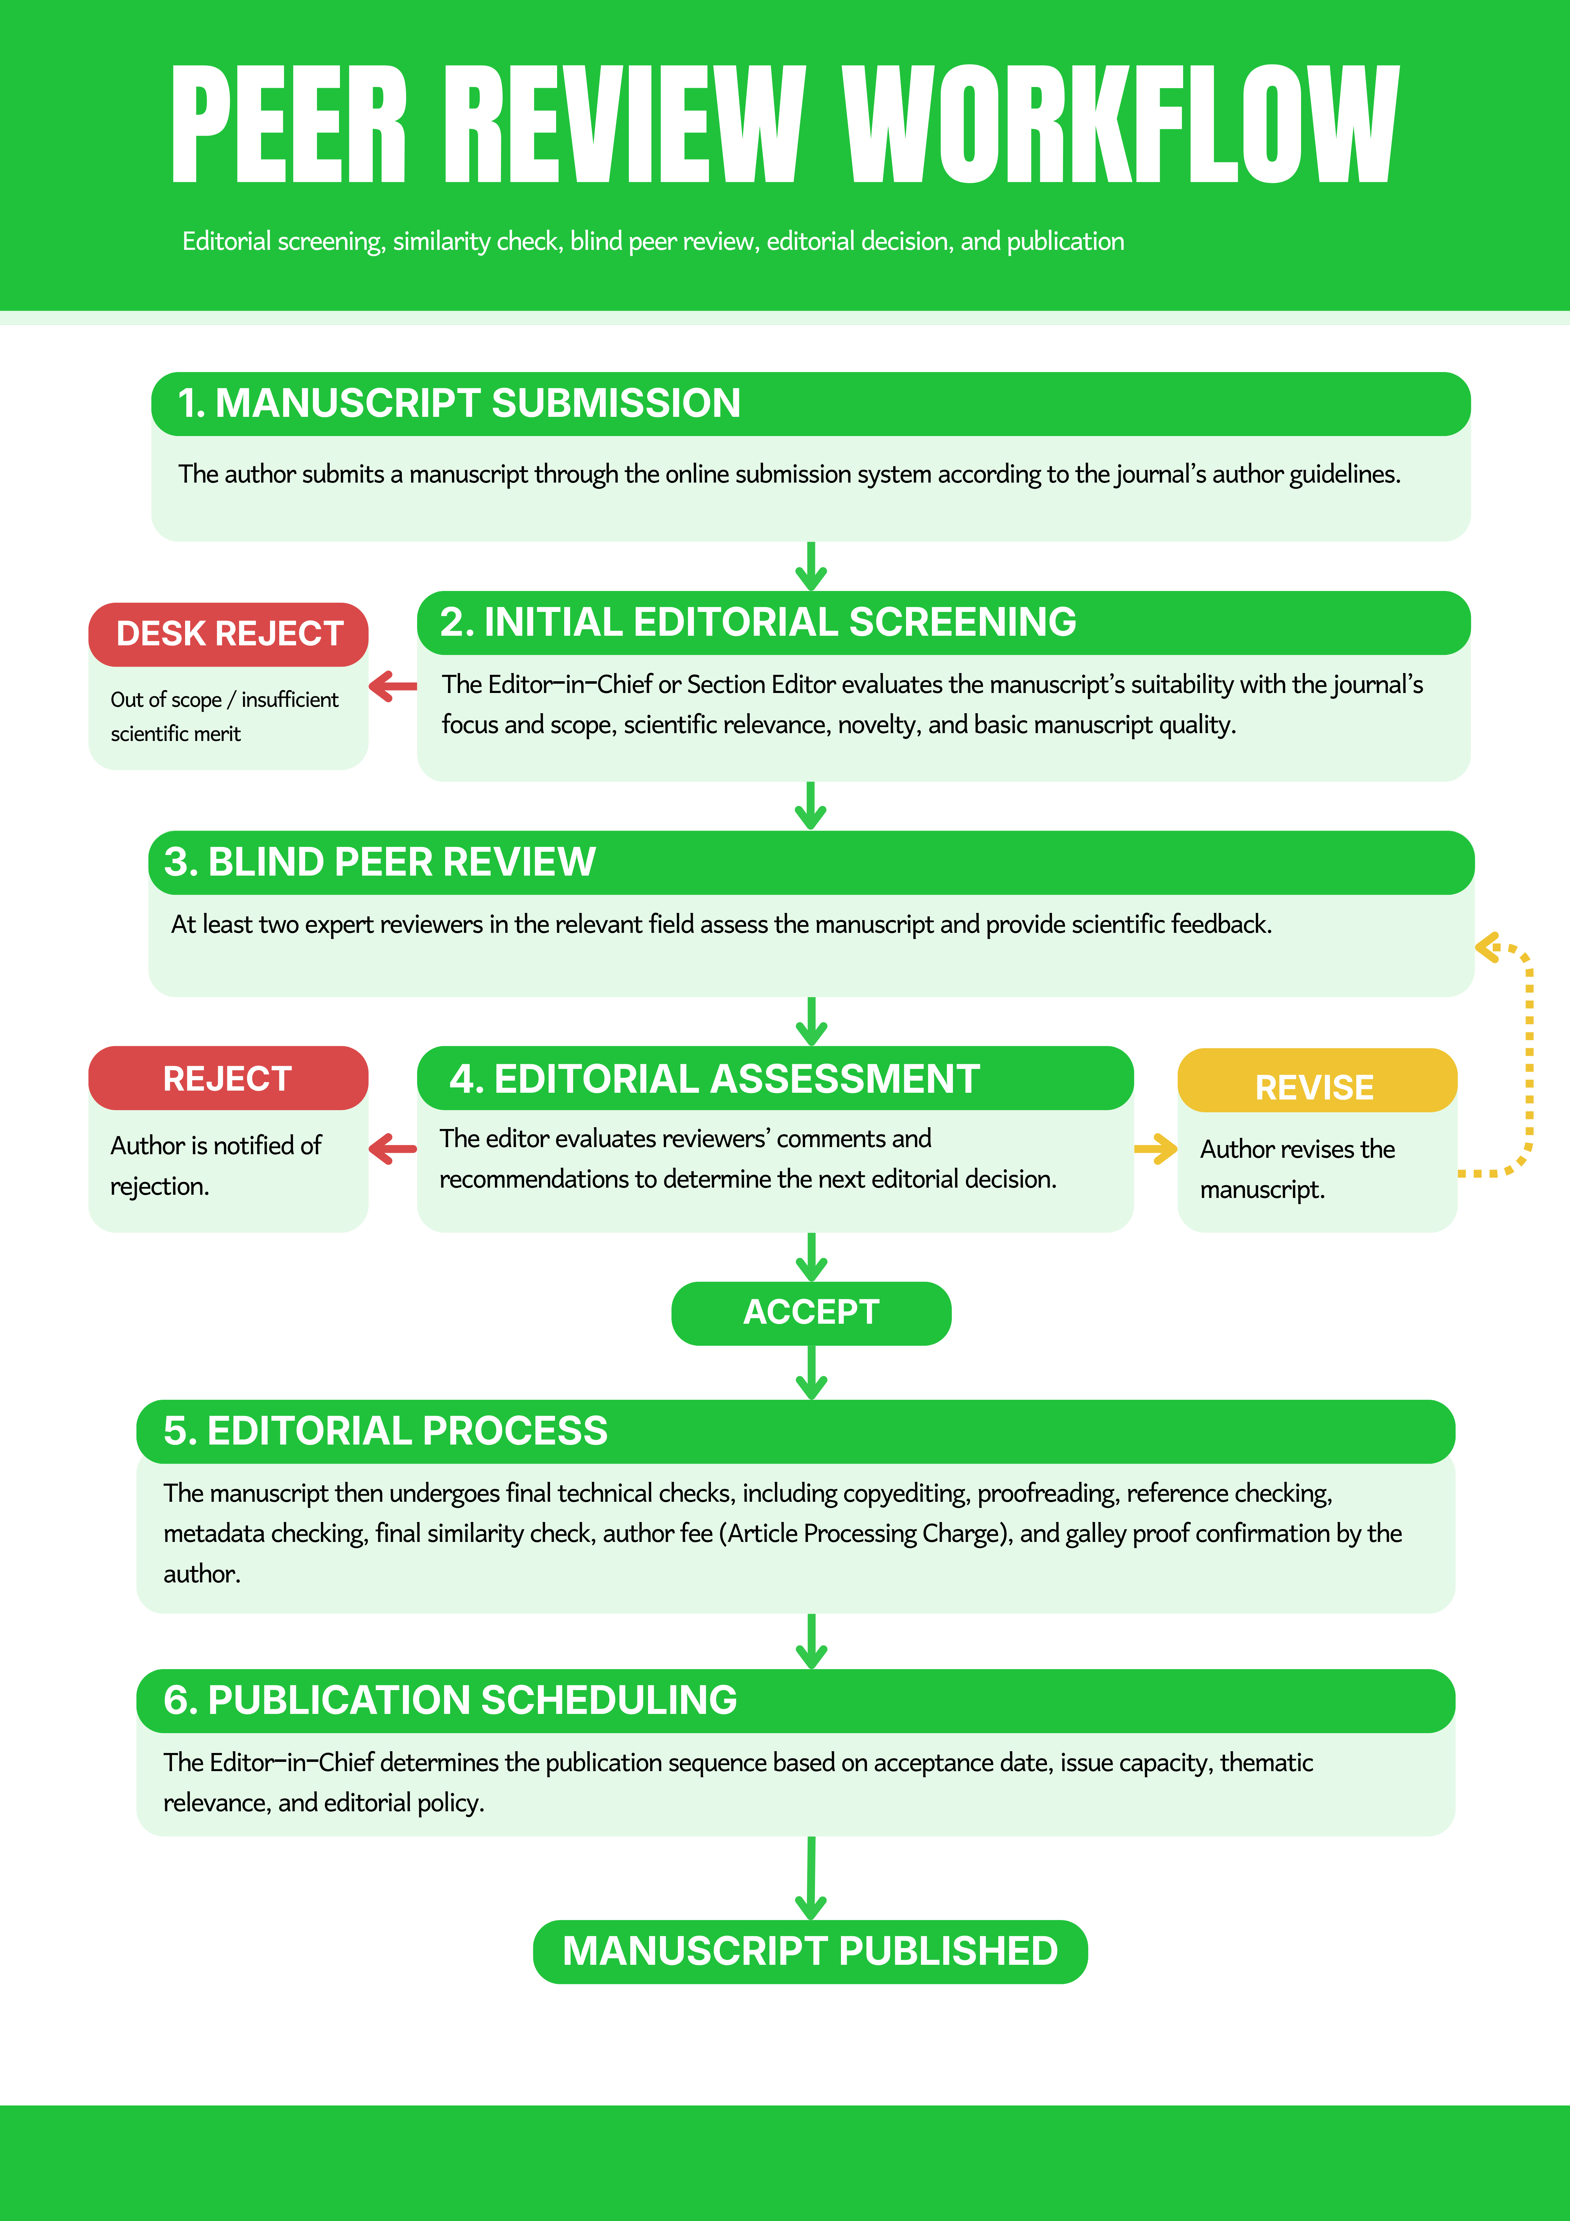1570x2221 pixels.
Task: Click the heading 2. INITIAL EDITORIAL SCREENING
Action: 757,622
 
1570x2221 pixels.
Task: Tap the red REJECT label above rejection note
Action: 228,1079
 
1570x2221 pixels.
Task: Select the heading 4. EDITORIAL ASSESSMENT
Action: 714,1079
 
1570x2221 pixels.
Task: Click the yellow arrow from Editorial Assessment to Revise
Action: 1155,1149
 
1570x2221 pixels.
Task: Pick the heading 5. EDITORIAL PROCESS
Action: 385,1431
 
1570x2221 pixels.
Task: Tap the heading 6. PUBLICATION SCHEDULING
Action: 450,1700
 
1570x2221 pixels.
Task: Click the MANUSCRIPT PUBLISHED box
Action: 811,1951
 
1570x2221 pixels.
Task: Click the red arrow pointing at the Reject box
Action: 393,1149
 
